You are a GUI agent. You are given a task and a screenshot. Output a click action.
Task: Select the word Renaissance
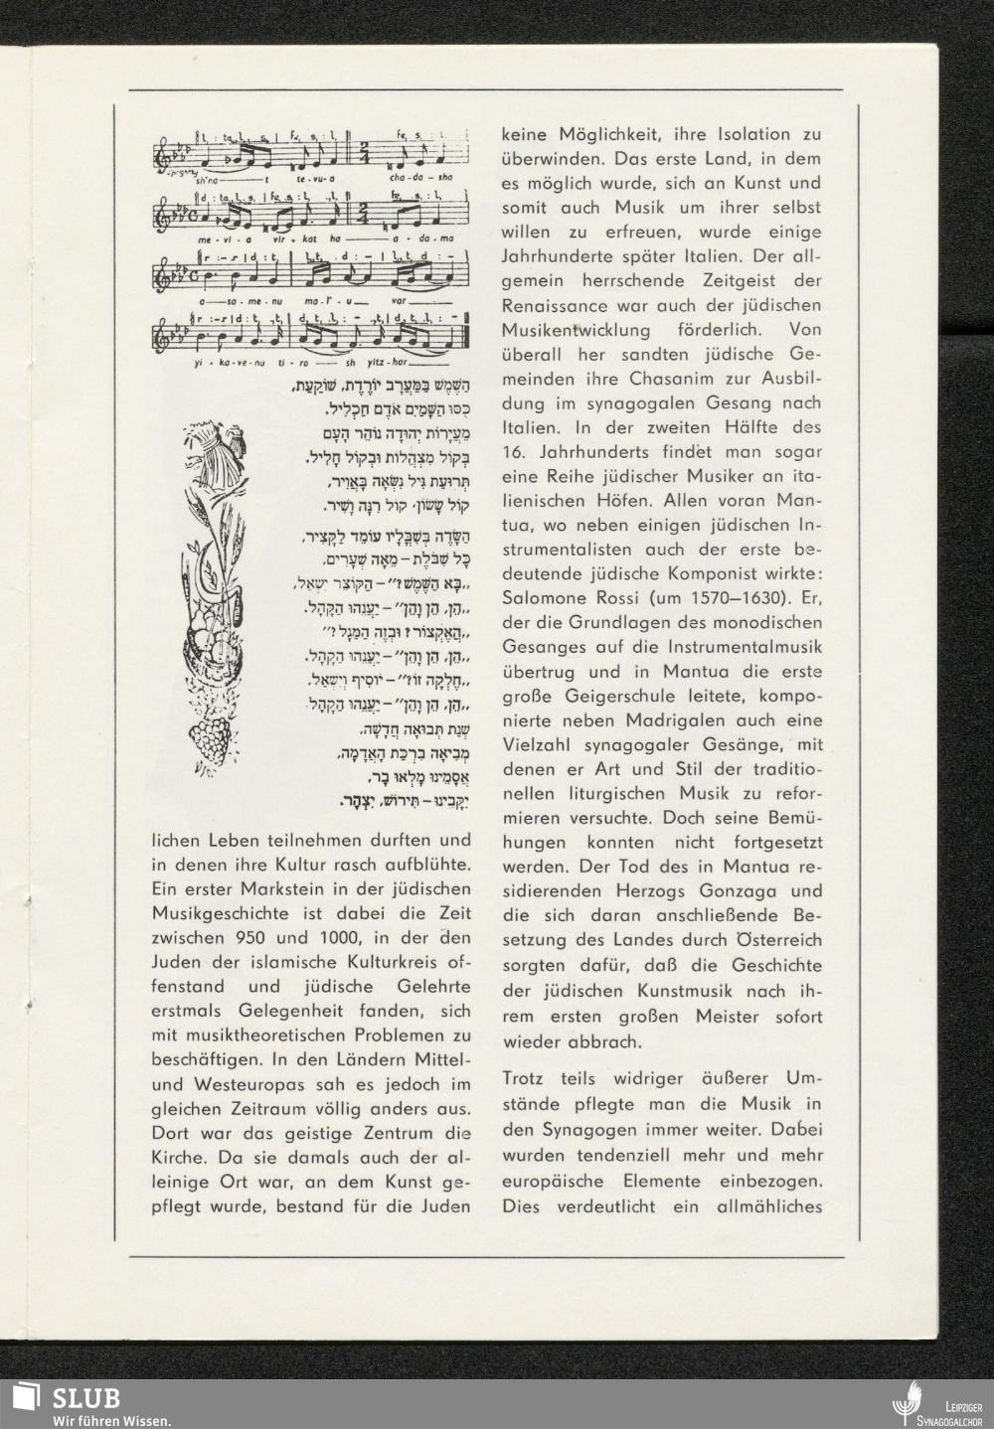[x=559, y=304]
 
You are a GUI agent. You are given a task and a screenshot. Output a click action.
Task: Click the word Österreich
[x=778, y=939]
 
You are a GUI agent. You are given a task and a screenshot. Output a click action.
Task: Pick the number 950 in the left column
[x=264, y=937]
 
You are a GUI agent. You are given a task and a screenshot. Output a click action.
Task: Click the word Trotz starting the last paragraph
[x=528, y=1078]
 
